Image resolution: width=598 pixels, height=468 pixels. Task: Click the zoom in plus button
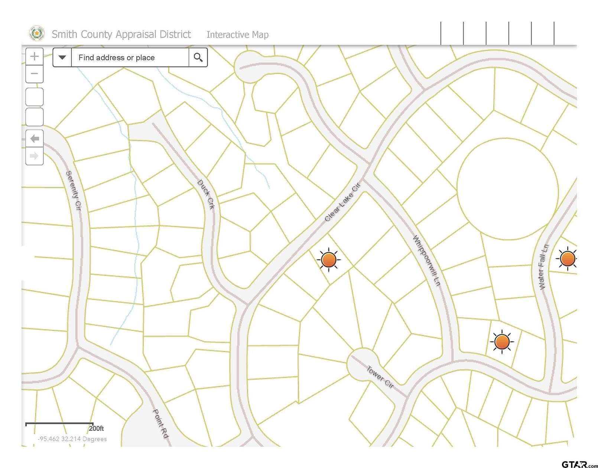click(35, 56)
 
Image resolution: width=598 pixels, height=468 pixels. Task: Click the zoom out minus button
click(35, 74)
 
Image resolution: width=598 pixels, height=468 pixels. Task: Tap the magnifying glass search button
click(198, 58)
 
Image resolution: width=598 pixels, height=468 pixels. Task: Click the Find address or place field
click(130, 58)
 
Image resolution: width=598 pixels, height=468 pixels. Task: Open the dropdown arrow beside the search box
click(62, 58)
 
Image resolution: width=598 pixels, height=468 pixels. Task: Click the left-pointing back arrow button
click(35, 139)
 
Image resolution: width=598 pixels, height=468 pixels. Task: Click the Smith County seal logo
click(37, 34)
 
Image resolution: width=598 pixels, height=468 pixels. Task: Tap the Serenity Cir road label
click(73, 191)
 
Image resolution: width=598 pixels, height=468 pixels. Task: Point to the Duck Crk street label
click(206, 194)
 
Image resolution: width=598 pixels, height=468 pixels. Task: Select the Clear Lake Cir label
click(342, 202)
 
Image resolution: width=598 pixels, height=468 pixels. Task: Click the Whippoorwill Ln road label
click(426, 260)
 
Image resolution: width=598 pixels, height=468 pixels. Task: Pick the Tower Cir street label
click(380, 377)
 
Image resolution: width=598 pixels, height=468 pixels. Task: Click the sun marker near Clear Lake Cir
click(329, 259)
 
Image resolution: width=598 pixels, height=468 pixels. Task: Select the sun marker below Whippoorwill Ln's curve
click(502, 341)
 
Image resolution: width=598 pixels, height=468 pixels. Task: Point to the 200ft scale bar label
click(96, 428)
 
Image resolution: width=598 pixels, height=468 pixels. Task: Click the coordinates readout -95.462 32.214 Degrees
click(72, 439)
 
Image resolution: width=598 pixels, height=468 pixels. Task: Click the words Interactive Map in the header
click(237, 35)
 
